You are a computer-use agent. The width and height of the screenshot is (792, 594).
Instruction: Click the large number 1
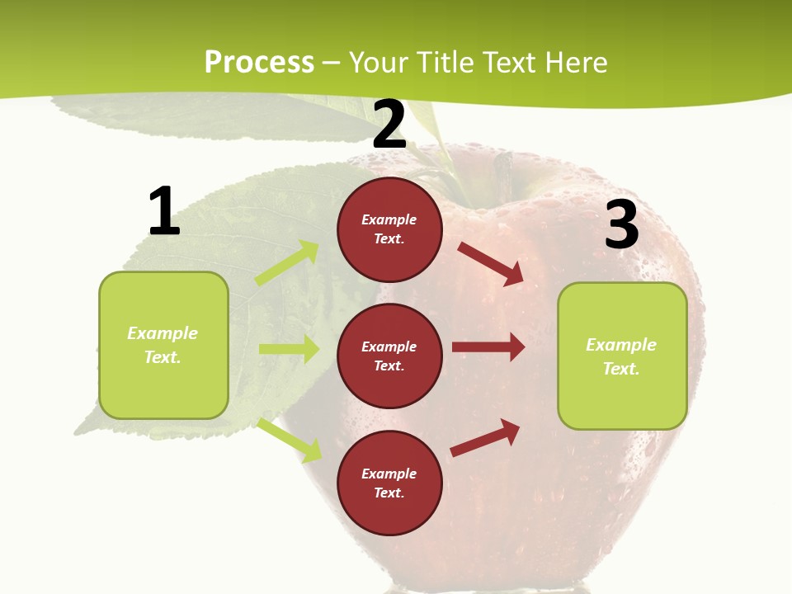(x=164, y=211)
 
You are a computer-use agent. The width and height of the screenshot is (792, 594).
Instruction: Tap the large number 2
(x=389, y=125)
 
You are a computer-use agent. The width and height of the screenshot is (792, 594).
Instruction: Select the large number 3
(x=621, y=224)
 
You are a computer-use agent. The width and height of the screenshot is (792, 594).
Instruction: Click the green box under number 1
(x=163, y=345)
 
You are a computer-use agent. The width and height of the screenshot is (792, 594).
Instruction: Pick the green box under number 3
(x=622, y=356)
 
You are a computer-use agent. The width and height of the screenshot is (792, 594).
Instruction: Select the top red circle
(x=389, y=229)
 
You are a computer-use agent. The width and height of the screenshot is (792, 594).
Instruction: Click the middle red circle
(x=389, y=356)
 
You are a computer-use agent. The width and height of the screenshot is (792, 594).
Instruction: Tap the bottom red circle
(x=389, y=483)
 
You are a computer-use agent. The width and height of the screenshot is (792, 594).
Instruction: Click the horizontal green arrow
(x=289, y=349)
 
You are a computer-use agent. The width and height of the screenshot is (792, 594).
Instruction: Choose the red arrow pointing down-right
(x=492, y=264)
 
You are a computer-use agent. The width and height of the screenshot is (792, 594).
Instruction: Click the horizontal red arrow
(x=488, y=347)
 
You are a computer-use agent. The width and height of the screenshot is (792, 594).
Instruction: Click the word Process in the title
(x=259, y=62)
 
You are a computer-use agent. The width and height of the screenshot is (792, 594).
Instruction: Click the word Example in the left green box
(x=163, y=333)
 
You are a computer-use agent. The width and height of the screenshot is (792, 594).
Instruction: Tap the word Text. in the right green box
(x=621, y=369)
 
